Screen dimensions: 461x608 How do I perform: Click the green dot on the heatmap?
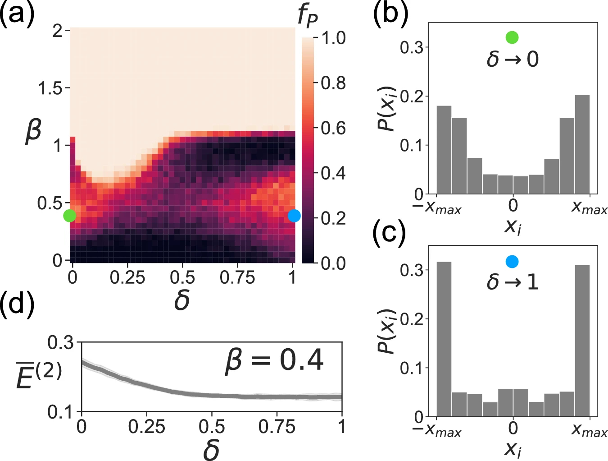tap(70, 216)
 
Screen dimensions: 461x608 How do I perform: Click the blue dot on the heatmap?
tap(294, 216)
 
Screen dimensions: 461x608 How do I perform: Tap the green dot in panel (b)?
tap(512, 37)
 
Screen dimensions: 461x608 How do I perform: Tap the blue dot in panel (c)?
tap(512, 261)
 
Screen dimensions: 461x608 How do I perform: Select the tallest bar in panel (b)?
tap(582, 144)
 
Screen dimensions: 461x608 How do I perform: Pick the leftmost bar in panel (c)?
tap(444, 339)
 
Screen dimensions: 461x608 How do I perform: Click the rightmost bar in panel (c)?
tap(582, 341)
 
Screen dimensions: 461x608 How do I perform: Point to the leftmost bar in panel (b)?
tap(444, 150)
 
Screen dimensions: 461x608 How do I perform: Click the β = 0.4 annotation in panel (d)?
tap(274, 360)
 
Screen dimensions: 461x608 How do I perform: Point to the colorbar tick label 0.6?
tap(333, 128)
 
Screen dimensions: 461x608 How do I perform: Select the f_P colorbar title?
tap(308, 16)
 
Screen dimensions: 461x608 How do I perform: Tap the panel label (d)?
tap(18, 304)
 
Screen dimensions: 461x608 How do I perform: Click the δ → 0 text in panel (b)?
tap(512, 59)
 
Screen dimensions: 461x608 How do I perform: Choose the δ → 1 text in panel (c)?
tap(512, 282)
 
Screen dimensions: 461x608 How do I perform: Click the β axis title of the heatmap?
tap(33, 130)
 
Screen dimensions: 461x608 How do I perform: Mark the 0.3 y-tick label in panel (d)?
tap(61, 343)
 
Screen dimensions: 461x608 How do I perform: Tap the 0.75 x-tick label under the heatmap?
tap(237, 277)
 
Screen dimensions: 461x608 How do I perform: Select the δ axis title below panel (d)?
tap(211, 450)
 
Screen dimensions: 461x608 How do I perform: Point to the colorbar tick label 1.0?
tap(333, 38)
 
